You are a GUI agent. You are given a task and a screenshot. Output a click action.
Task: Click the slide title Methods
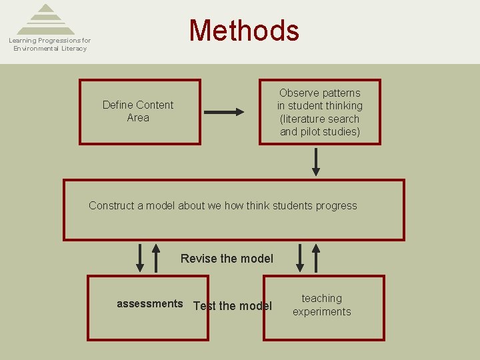pyautogui.click(x=244, y=31)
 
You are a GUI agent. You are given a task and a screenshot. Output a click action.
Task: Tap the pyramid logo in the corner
pyautogui.click(x=46, y=19)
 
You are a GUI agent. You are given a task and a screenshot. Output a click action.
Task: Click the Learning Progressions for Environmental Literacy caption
pyautogui.click(x=50, y=45)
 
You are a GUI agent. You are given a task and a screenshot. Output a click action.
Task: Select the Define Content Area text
pyautogui.click(x=138, y=111)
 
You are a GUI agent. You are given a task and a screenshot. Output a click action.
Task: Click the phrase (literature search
pyautogui.click(x=320, y=119)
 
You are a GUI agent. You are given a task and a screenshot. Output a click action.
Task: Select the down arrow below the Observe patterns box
pyautogui.click(x=316, y=161)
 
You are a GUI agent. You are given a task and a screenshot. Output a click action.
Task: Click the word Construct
pyautogui.click(x=111, y=205)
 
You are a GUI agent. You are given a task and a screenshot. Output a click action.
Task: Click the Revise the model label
pyautogui.click(x=227, y=259)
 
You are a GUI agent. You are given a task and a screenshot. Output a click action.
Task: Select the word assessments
pyautogui.click(x=149, y=304)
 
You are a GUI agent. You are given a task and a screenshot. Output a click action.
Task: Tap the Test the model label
pyautogui.click(x=233, y=306)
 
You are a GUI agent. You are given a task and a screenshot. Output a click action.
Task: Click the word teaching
pyautogui.click(x=321, y=299)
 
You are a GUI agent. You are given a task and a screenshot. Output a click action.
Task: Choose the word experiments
pyautogui.click(x=321, y=311)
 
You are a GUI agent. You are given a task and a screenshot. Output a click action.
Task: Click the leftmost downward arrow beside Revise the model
pyautogui.click(x=140, y=258)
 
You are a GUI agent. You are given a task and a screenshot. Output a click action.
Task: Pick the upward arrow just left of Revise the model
pyautogui.click(x=156, y=258)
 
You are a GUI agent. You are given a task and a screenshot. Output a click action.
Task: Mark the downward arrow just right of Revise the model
pyautogui.click(x=300, y=258)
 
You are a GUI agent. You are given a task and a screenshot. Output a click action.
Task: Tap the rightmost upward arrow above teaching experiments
pyautogui.click(x=316, y=258)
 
